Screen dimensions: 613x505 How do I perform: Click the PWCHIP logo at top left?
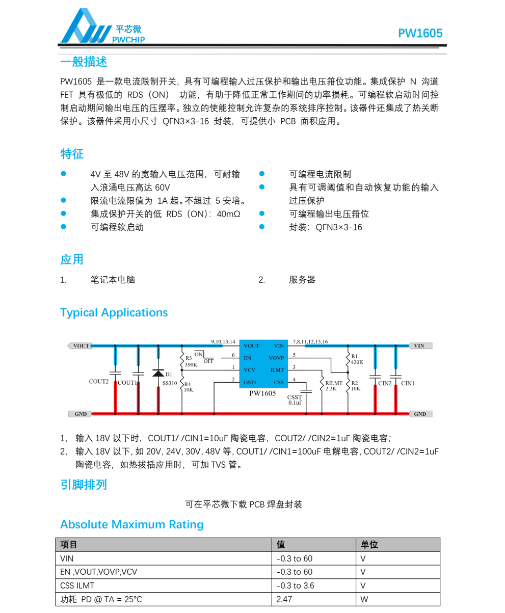pos(102,27)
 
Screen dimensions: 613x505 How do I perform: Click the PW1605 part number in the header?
pos(420,34)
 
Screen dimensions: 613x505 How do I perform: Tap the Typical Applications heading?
pos(114,313)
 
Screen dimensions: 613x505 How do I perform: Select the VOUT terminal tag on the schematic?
pos(81,346)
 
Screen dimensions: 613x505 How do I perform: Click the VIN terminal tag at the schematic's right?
pos(420,346)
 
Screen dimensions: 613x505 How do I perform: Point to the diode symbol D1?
pos(158,374)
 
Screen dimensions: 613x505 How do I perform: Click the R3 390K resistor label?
pos(191,362)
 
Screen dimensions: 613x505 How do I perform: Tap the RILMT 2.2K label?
pos(334,386)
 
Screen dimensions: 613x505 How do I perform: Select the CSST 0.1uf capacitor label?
pos(295,399)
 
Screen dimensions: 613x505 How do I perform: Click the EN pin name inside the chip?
pos(248,358)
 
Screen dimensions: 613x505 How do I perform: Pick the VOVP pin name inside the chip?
pos(276,358)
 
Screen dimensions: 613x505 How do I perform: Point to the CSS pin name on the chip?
pos(279,382)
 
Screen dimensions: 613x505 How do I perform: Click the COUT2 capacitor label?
pos(99,382)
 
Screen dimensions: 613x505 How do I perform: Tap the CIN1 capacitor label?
pos(408,383)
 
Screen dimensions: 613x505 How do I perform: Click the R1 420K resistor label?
pos(357,359)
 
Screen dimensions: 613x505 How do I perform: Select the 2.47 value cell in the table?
pos(284,599)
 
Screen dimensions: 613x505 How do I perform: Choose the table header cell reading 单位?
pos(369,545)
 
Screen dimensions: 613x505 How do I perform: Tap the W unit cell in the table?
pos(364,599)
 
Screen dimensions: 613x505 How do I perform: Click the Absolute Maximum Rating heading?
pos(131,524)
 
